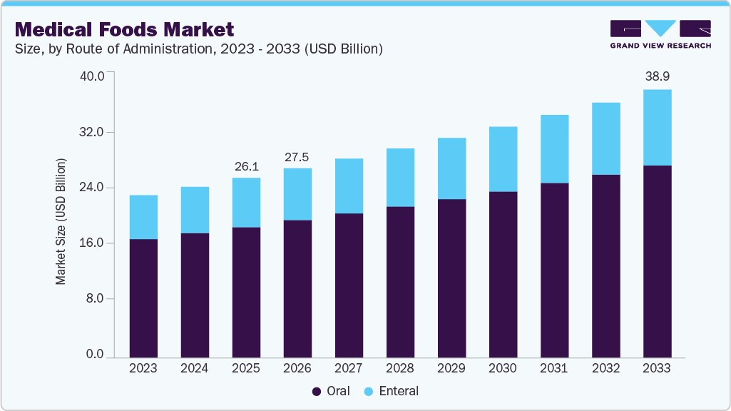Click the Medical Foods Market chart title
point(124,29)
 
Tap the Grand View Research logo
point(660,34)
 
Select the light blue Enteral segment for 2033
point(657,127)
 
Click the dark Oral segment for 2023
point(143,298)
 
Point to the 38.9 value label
point(657,75)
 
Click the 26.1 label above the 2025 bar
point(246,166)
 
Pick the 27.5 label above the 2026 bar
point(297,156)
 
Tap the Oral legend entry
point(331,391)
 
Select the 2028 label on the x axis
point(400,369)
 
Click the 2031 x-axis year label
point(554,369)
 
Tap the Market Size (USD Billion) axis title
point(61,222)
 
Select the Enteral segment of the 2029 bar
point(451,168)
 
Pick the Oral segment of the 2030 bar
point(503,274)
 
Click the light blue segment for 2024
point(195,210)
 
